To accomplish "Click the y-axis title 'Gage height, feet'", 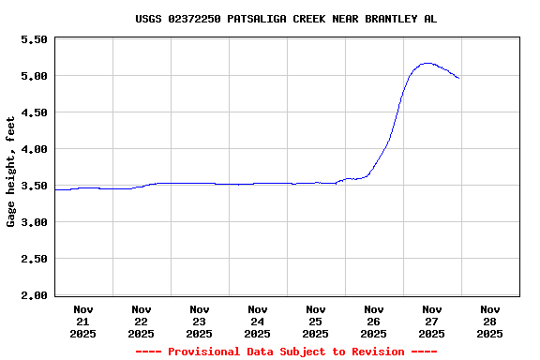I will click(11, 172).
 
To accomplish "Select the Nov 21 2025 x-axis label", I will click(83, 321).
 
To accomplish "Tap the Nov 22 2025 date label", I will click(142, 321).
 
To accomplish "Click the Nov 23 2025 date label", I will click(200, 321).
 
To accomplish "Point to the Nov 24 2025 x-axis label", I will click(258, 321).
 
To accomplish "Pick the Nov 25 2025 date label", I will click(316, 321).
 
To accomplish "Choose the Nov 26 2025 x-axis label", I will click(374, 321).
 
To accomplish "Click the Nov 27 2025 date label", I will click(432, 321).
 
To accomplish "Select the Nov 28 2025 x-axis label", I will click(490, 321).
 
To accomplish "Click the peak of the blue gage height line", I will click(427, 63).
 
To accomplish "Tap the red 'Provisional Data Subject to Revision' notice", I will click(285, 352).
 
